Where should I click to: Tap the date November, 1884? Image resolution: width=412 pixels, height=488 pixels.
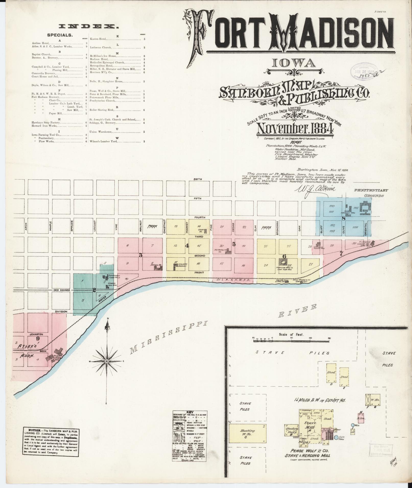point(295,129)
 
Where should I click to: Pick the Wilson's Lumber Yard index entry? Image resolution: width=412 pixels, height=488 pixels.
point(103,141)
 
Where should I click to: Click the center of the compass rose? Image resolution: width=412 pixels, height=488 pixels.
point(107,361)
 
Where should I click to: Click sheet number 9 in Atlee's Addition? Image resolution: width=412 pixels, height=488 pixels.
point(38,339)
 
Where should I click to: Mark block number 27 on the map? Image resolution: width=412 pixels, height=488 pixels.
point(311,264)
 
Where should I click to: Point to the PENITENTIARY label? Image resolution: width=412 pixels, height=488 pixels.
point(371,190)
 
